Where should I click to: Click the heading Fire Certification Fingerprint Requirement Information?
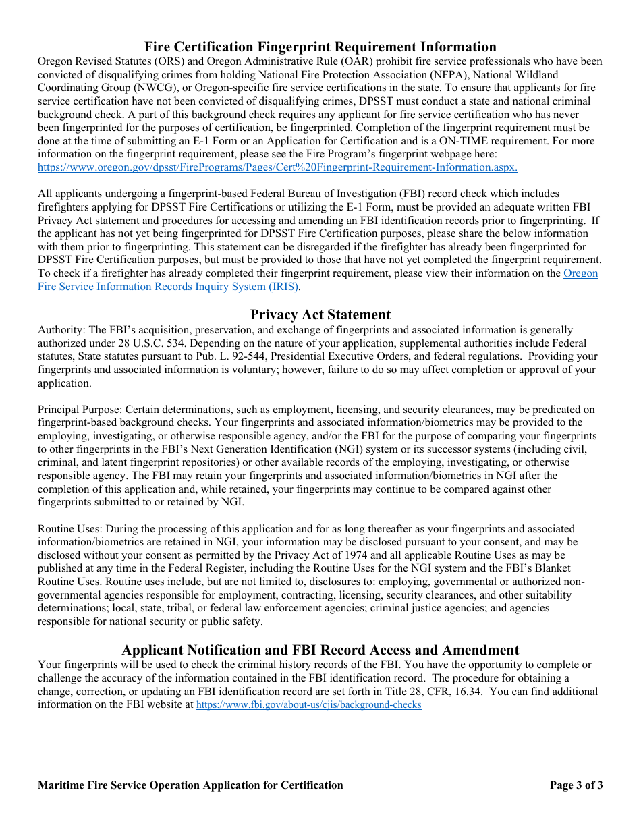point(320,47)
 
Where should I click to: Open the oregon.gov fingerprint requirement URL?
point(277,167)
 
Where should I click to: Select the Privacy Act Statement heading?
point(320,314)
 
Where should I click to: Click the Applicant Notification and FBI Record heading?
point(320,650)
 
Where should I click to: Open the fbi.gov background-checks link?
point(308,704)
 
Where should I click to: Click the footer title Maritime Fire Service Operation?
point(190,785)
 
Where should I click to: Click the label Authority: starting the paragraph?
point(61,330)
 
